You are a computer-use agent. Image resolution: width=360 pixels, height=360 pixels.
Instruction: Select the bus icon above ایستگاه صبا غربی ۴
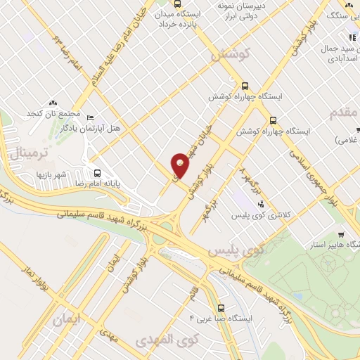(x=221, y=308)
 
